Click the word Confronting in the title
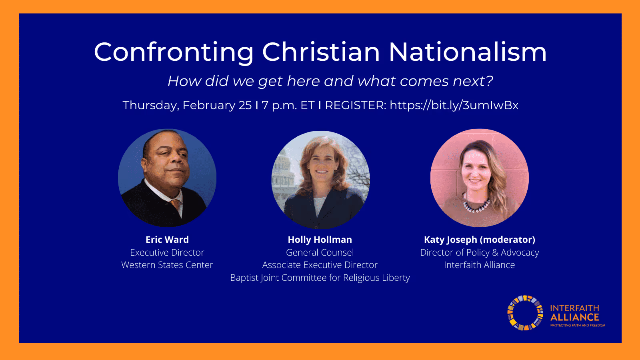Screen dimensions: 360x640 coord(174,52)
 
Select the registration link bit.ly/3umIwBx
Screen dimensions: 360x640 coord(454,105)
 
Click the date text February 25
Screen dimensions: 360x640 coord(217,105)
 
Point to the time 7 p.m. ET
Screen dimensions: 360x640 coord(288,105)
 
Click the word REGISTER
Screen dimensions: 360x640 coord(355,105)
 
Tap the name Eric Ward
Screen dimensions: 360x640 coord(167,240)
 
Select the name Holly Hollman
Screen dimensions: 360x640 coord(320,240)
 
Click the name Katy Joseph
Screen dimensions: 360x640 coord(450,240)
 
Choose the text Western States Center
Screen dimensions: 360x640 coord(167,265)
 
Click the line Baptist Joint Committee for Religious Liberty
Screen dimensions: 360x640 coord(320,278)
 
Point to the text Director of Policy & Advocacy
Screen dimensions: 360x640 coord(479,252)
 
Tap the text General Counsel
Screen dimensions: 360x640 coord(320,252)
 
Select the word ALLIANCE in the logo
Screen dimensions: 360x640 coord(574,317)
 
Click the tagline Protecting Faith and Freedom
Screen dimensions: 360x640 coord(578,326)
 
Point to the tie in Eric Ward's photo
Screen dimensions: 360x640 coord(175,204)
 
